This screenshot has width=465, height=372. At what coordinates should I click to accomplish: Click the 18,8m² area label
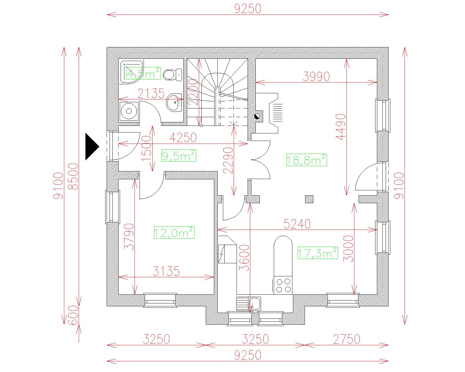[307, 160]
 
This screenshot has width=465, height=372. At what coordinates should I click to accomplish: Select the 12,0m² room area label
[174, 233]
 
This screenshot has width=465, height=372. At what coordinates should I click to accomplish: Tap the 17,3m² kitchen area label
[318, 253]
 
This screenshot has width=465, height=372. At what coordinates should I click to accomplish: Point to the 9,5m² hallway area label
[179, 156]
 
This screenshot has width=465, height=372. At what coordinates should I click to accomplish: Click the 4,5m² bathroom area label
[143, 74]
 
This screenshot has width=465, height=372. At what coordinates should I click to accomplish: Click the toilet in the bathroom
[172, 75]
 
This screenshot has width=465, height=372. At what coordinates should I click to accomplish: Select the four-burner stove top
[283, 285]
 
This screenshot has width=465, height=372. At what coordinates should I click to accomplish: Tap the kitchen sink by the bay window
[249, 304]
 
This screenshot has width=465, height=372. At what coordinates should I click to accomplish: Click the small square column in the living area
[309, 199]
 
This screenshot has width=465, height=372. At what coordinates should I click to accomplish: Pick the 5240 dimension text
[297, 224]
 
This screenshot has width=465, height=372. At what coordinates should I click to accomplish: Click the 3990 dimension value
[316, 76]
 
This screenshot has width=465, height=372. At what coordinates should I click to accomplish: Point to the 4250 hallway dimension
[183, 138]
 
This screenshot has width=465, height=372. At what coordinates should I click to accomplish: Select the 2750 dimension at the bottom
[347, 339]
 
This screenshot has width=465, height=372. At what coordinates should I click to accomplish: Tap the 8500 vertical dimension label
[74, 177]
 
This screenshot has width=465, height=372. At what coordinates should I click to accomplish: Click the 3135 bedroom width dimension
[166, 271]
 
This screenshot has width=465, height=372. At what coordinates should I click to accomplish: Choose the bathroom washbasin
[174, 102]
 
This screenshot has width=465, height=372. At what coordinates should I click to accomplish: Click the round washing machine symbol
[129, 111]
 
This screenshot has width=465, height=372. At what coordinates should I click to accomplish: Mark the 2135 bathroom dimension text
[151, 94]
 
